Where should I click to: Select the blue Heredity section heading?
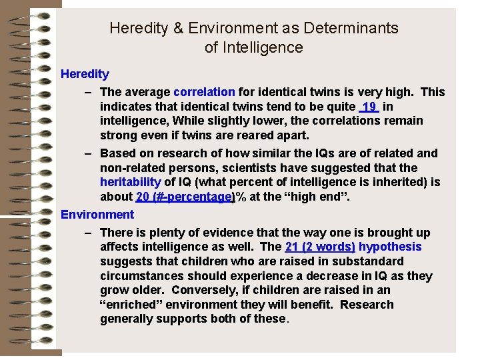click(x=85, y=73)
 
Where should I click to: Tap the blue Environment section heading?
click(x=97, y=214)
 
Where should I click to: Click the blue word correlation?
click(x=204, y=92)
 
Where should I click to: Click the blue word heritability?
click(x=131, y=182)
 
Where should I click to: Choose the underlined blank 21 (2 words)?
click(x=320, y=247)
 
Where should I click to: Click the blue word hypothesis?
click(x=390, y=247)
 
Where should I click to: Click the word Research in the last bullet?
click(x=366, y=305)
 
